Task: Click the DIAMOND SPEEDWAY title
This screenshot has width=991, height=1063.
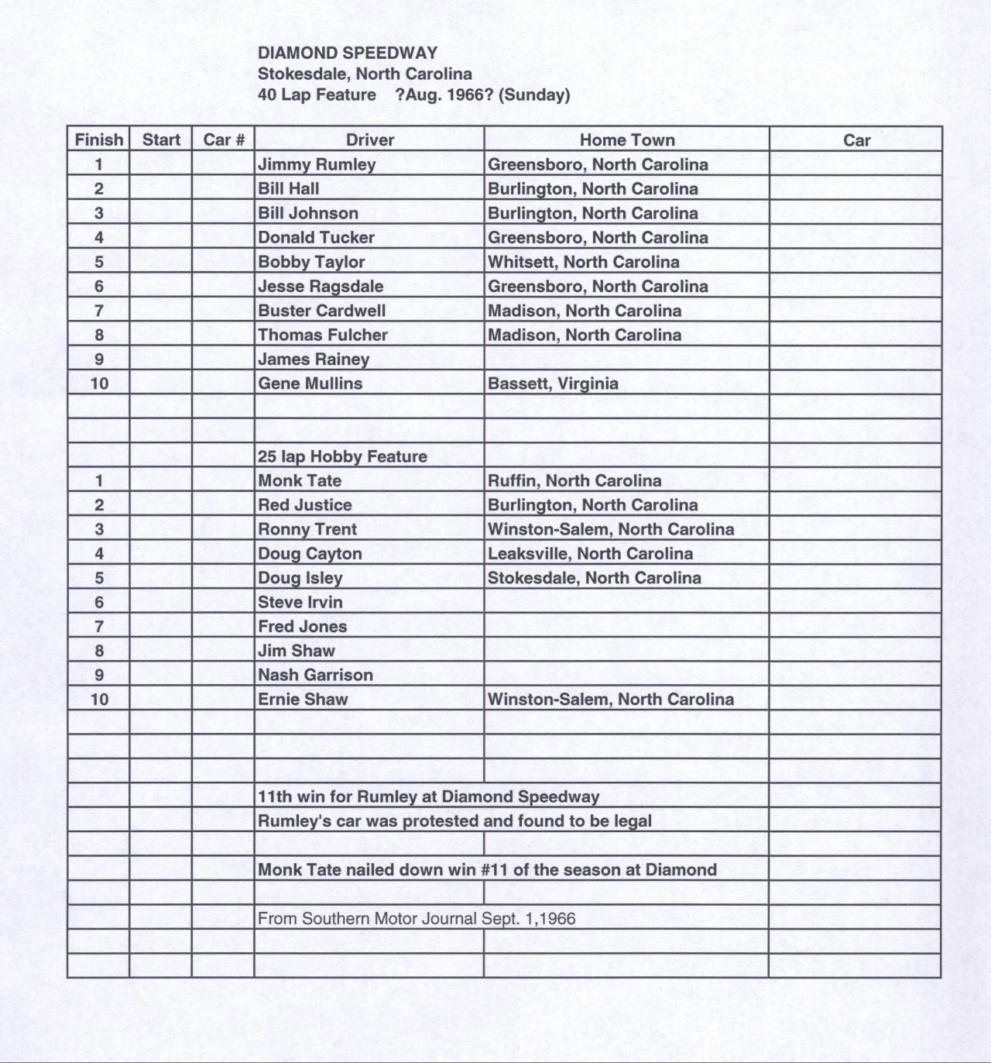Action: [x=348, y=53]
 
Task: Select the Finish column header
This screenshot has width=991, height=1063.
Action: [x=98, y=140]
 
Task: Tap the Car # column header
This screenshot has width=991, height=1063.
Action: [x=224, y=140]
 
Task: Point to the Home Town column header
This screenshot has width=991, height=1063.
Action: [x=627, y=140]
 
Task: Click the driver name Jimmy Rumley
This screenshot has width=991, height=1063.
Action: [x=317, y=164]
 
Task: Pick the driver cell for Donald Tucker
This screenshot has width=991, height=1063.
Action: [x=316, y=237]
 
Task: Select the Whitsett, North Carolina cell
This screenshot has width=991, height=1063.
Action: [x=584, y=262]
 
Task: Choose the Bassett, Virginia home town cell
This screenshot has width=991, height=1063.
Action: [x=553, y=384]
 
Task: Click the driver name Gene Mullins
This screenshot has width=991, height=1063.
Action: [x=310, y=384]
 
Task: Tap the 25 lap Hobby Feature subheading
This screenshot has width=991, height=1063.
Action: [x=342, y=456]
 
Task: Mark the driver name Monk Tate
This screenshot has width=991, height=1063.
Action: [x=300, y=480]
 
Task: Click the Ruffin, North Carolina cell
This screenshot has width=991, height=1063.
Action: [x=574, y=480]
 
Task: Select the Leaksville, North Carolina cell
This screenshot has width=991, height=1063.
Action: [x=590, y=553]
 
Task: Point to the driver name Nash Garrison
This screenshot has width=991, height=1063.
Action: [x=315, y=675]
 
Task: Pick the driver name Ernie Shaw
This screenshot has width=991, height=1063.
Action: [x=303, y=699]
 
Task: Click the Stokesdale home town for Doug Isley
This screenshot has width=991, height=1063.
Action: [x=594, y=578]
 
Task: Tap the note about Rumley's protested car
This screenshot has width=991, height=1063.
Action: [x=454, y=820]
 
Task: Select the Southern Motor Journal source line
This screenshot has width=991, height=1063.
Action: [x=417, y=918]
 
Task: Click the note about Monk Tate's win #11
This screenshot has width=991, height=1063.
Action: [x=487, y=869]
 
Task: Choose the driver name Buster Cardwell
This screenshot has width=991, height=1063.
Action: [x=321, y=311]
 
